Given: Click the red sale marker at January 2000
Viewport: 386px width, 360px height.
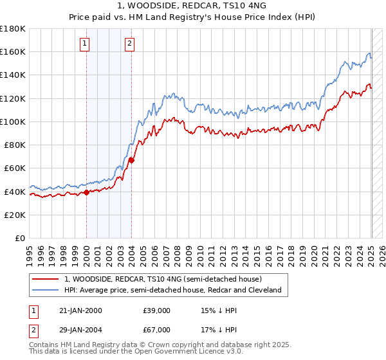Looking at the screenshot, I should tap(86, 192).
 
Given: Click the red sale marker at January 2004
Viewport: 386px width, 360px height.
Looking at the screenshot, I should tap(131, 159).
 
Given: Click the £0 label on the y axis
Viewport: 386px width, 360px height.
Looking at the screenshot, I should tap(21, 239).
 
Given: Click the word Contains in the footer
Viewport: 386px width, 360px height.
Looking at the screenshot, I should tap(44, 346).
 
